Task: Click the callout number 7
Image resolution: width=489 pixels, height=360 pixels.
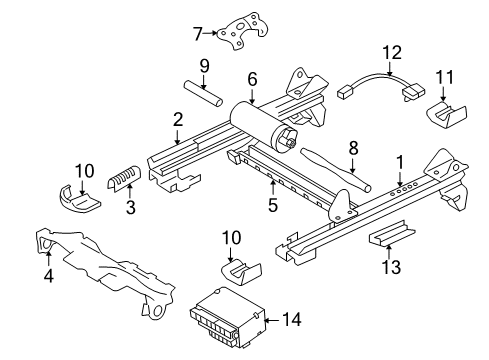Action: click(x=197, y=33)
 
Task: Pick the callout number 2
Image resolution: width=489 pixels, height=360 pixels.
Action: click(x=177, y=120)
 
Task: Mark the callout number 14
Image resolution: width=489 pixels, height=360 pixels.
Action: click(x=293, y=320)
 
